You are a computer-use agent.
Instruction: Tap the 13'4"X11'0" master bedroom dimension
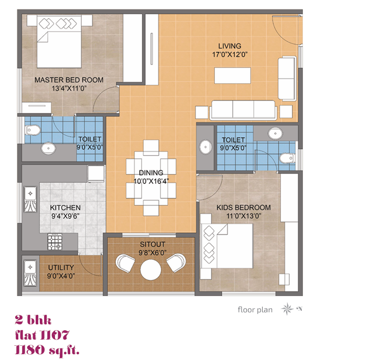[69, 89]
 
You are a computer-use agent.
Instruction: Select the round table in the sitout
[150, 270]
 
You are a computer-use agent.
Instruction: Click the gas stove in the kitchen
[55, 242]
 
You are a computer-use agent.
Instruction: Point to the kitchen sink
[30, 199]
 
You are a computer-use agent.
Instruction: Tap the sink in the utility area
[30, 273]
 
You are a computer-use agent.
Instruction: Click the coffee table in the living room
[233, 75]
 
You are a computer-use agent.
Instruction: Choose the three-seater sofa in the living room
[243, 110]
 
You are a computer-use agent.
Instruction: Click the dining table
[151, 178]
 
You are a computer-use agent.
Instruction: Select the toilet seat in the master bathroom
[33, 130]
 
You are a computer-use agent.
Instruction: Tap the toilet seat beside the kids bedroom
[287, 158]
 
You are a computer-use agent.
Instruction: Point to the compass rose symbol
[287, 309]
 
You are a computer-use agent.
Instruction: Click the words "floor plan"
[255, 309]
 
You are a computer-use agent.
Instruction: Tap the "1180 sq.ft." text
[47, 350]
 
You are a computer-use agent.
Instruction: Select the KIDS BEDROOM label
[244, 208]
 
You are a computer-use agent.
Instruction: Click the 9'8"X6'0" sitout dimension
[153, 253]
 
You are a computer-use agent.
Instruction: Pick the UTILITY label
[61, 268]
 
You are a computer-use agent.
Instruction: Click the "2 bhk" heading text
[33, 320]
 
